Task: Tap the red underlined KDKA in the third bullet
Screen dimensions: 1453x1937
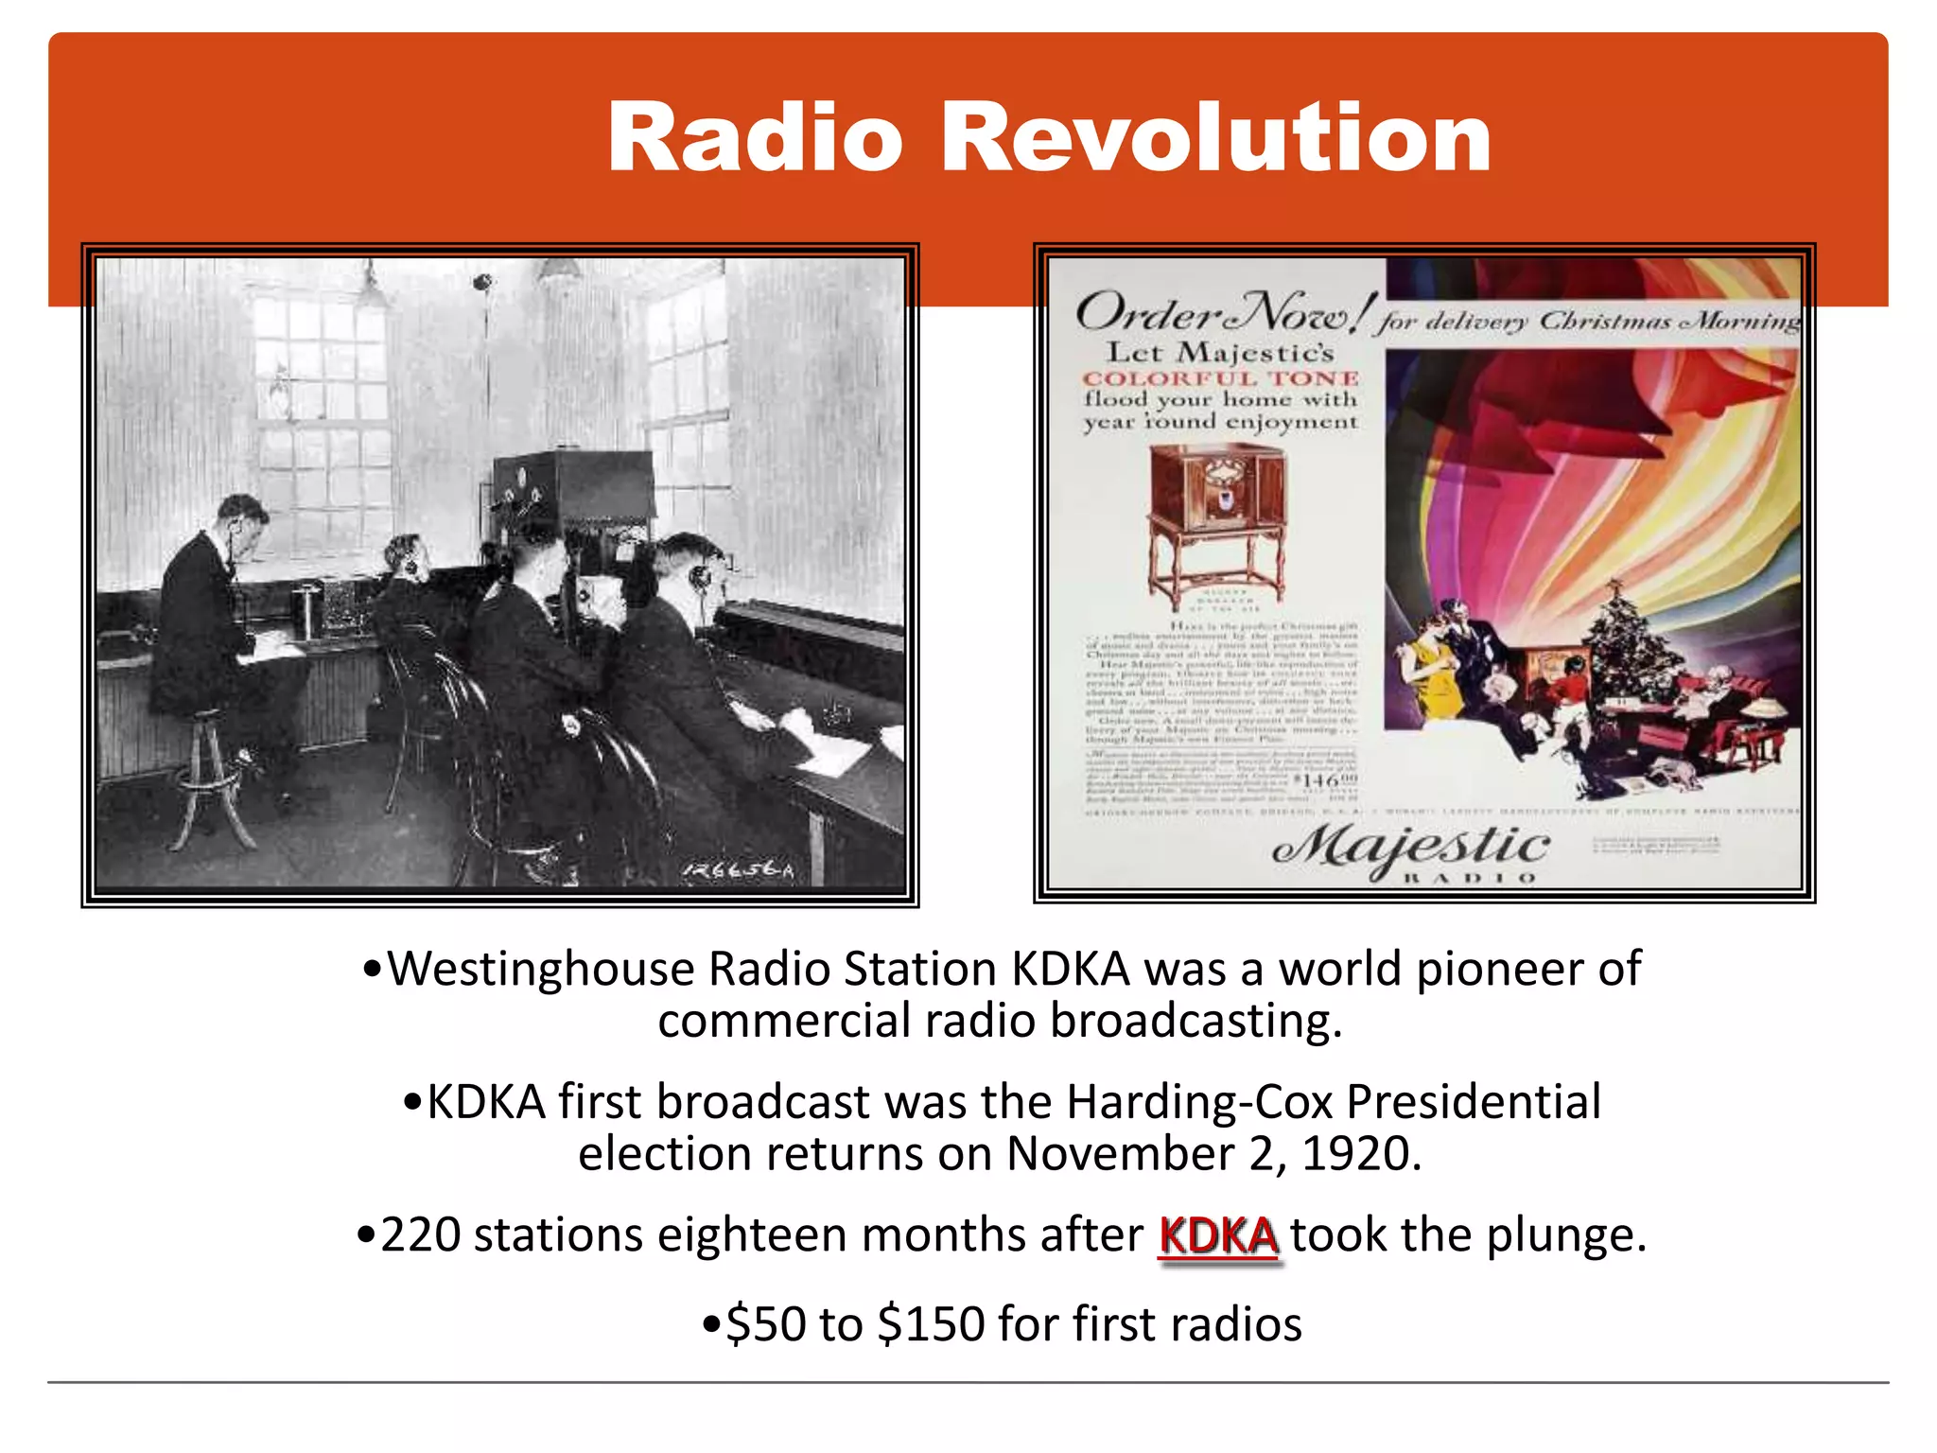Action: coord(1218,1235)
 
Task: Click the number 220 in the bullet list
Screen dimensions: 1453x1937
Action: coord(420,1235)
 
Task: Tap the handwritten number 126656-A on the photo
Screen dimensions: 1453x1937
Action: coord(739,869)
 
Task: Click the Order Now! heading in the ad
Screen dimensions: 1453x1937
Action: coord(1220,312)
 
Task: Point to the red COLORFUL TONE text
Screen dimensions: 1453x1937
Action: coord(1220,379)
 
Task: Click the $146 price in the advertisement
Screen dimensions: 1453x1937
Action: coord(1330,780)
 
